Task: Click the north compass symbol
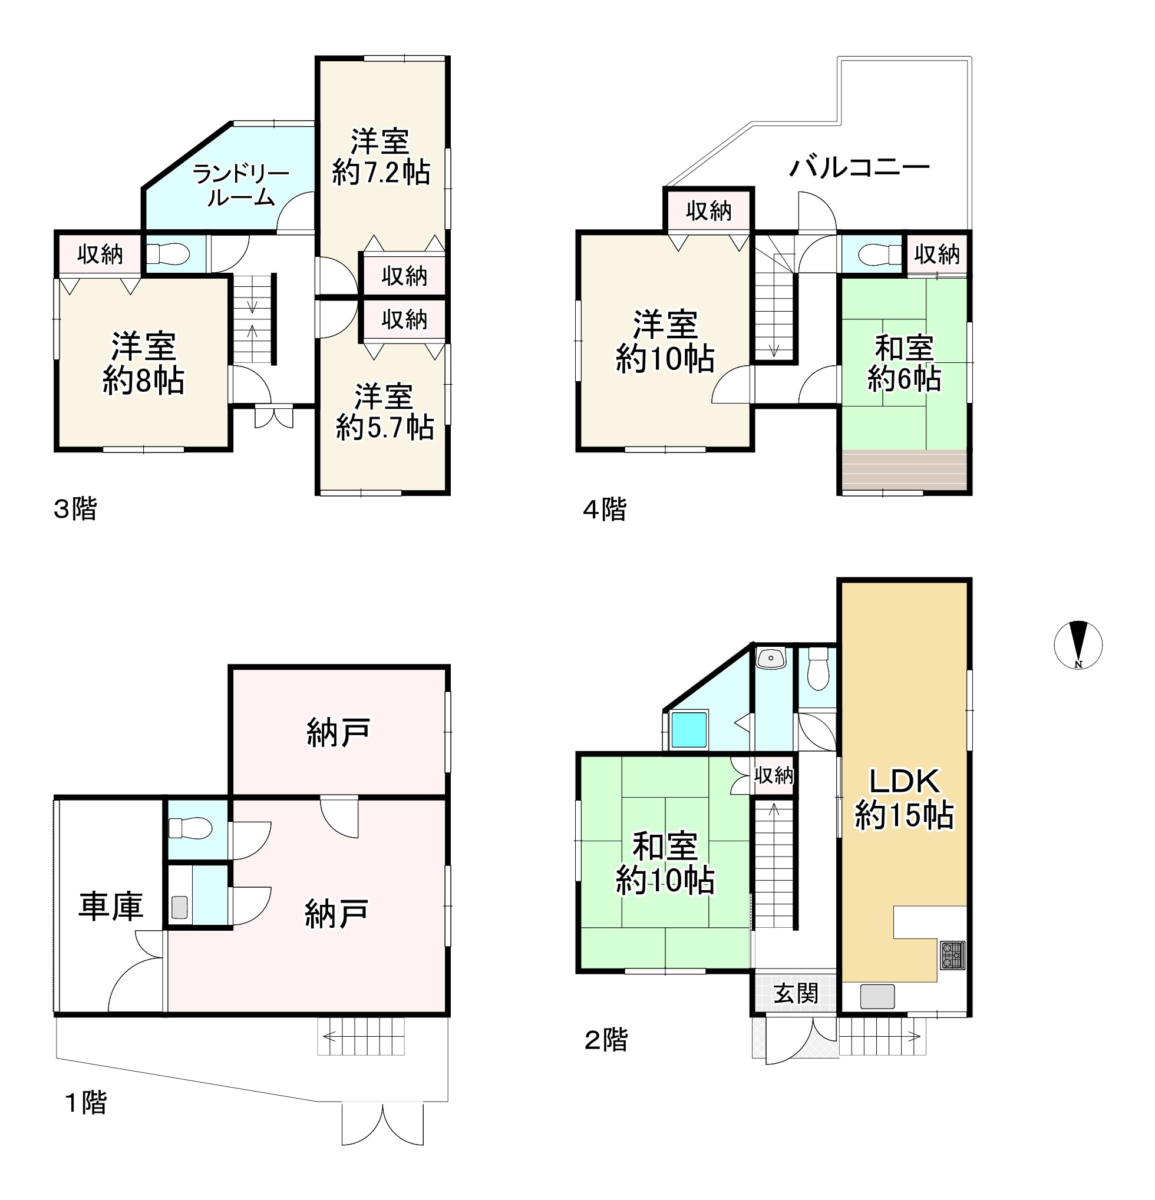[1078, 645]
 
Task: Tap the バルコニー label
[859, 167]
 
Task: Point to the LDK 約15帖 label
[905, 798]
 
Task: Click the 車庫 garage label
[111, 907]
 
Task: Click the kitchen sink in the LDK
[877, 996]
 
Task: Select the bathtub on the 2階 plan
[689, 729]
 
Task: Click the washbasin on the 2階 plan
[771, 659]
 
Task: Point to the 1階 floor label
[85, 1103]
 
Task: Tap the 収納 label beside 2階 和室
[774, 775]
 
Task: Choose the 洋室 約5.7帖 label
[385, 412]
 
